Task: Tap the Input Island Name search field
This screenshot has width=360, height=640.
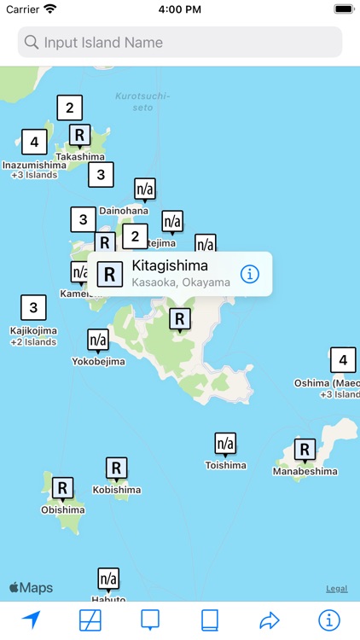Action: click(180, 42)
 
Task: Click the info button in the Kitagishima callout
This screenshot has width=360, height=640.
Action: click(249, 274)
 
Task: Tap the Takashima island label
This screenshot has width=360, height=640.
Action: click(80, 157)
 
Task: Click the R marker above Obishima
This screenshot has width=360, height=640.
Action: click(62, 488)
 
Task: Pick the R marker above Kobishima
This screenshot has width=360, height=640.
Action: click(117, 468)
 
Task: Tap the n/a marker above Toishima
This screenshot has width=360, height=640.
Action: click(225, 444)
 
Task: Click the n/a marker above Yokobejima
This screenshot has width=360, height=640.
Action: click(98, 340)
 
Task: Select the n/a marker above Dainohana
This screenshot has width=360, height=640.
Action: click(145, 189)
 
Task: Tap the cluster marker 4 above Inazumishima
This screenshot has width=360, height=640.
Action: click(34, 142)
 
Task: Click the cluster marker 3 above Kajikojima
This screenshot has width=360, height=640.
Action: click(33, 307)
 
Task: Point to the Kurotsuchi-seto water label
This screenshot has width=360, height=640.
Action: click(143, 102)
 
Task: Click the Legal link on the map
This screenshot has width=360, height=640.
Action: click(336, 589)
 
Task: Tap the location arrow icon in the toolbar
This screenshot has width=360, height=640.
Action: click(32, 620)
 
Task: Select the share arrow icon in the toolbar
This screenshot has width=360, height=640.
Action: click(270, 620)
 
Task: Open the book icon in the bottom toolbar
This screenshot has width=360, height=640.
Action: click(210, 620)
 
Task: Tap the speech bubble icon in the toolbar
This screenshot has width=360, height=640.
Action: click(150, 620)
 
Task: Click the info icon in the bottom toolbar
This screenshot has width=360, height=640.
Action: click(328, 620)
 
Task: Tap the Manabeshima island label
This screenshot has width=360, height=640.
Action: click(305, 471)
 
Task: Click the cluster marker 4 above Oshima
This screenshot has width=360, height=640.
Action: click(342, 360)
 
